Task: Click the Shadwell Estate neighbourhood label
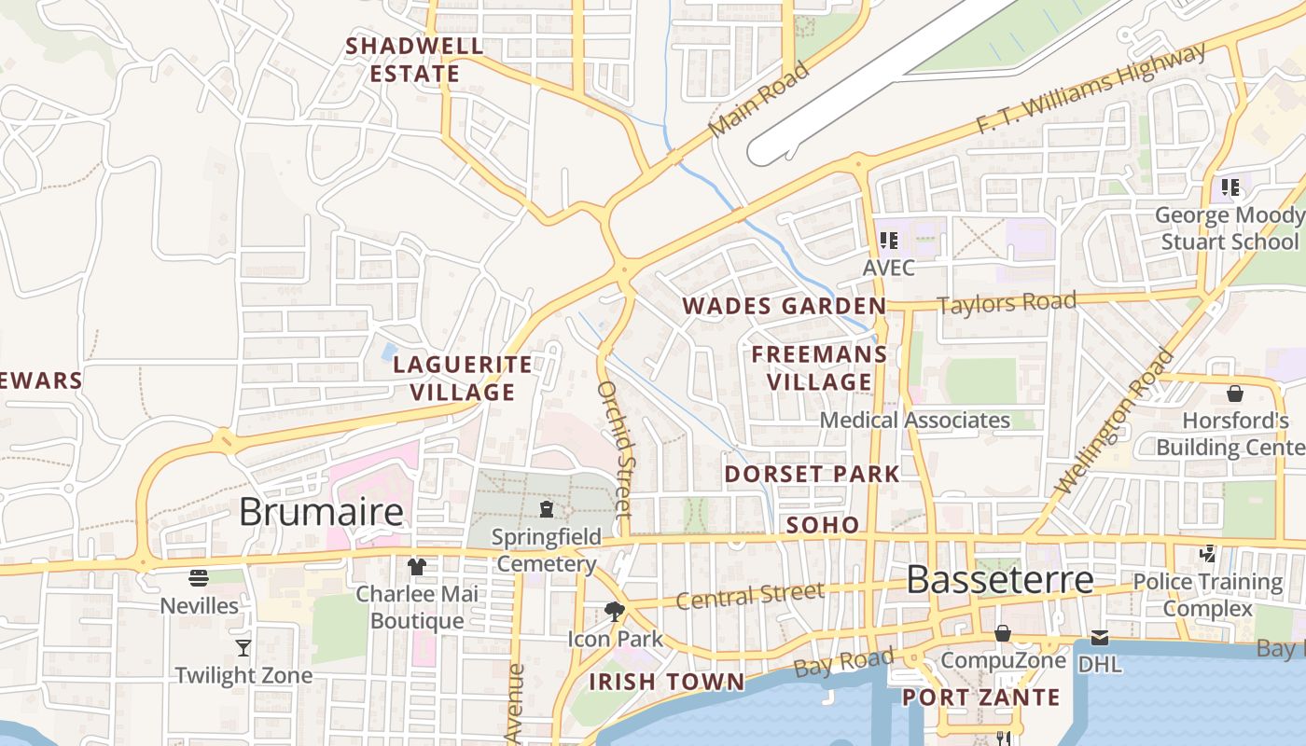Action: (x=415, y=60)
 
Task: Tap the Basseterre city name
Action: (x=999, y=580)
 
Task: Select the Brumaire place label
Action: (x=321, y=512)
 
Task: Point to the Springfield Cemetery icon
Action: (x=547, y=509)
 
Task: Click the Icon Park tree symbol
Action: (x=615, y=612)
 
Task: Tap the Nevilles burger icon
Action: (x=199, y=578)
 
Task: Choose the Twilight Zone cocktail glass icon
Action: (x=243, y=647)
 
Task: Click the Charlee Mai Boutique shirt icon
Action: (x=417, y=567)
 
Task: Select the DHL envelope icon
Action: (x=1100, y=639)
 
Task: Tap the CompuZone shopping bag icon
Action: (x=1003, y=634)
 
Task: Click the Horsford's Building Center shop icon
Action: (x=1235, y=394)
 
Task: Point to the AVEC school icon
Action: (x=889, y=241)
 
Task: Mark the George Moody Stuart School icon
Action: (x=1230, y=187)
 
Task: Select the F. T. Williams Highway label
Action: (x=1091, y=90)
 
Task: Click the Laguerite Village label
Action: (x=463, y=378)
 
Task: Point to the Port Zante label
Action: (x=980, y=698)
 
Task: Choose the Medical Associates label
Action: (x=914, y=421)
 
